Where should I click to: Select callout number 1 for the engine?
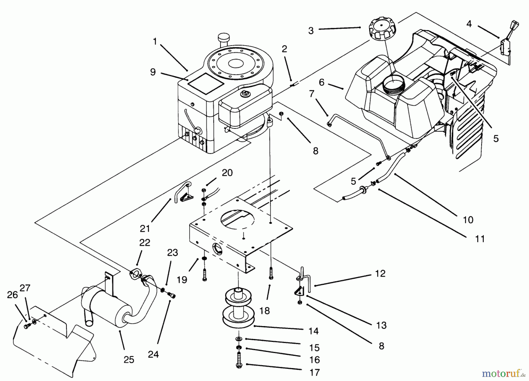click(x=155, y=41)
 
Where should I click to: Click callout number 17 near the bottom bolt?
click(x=314, y=372)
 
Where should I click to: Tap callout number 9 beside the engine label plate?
click(x=153, y=72)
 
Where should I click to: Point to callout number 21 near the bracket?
click(x=145, y=228)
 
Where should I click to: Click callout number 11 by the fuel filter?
click(x=480, y=239)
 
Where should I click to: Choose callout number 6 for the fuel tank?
click(x=322, y=82)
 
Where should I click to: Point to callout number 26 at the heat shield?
click(x=12, y=295)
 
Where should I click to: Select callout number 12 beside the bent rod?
click(x=380, y=273)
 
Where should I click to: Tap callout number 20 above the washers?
click(x=227, y=172)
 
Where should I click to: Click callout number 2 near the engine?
click(x=284, y=49)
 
